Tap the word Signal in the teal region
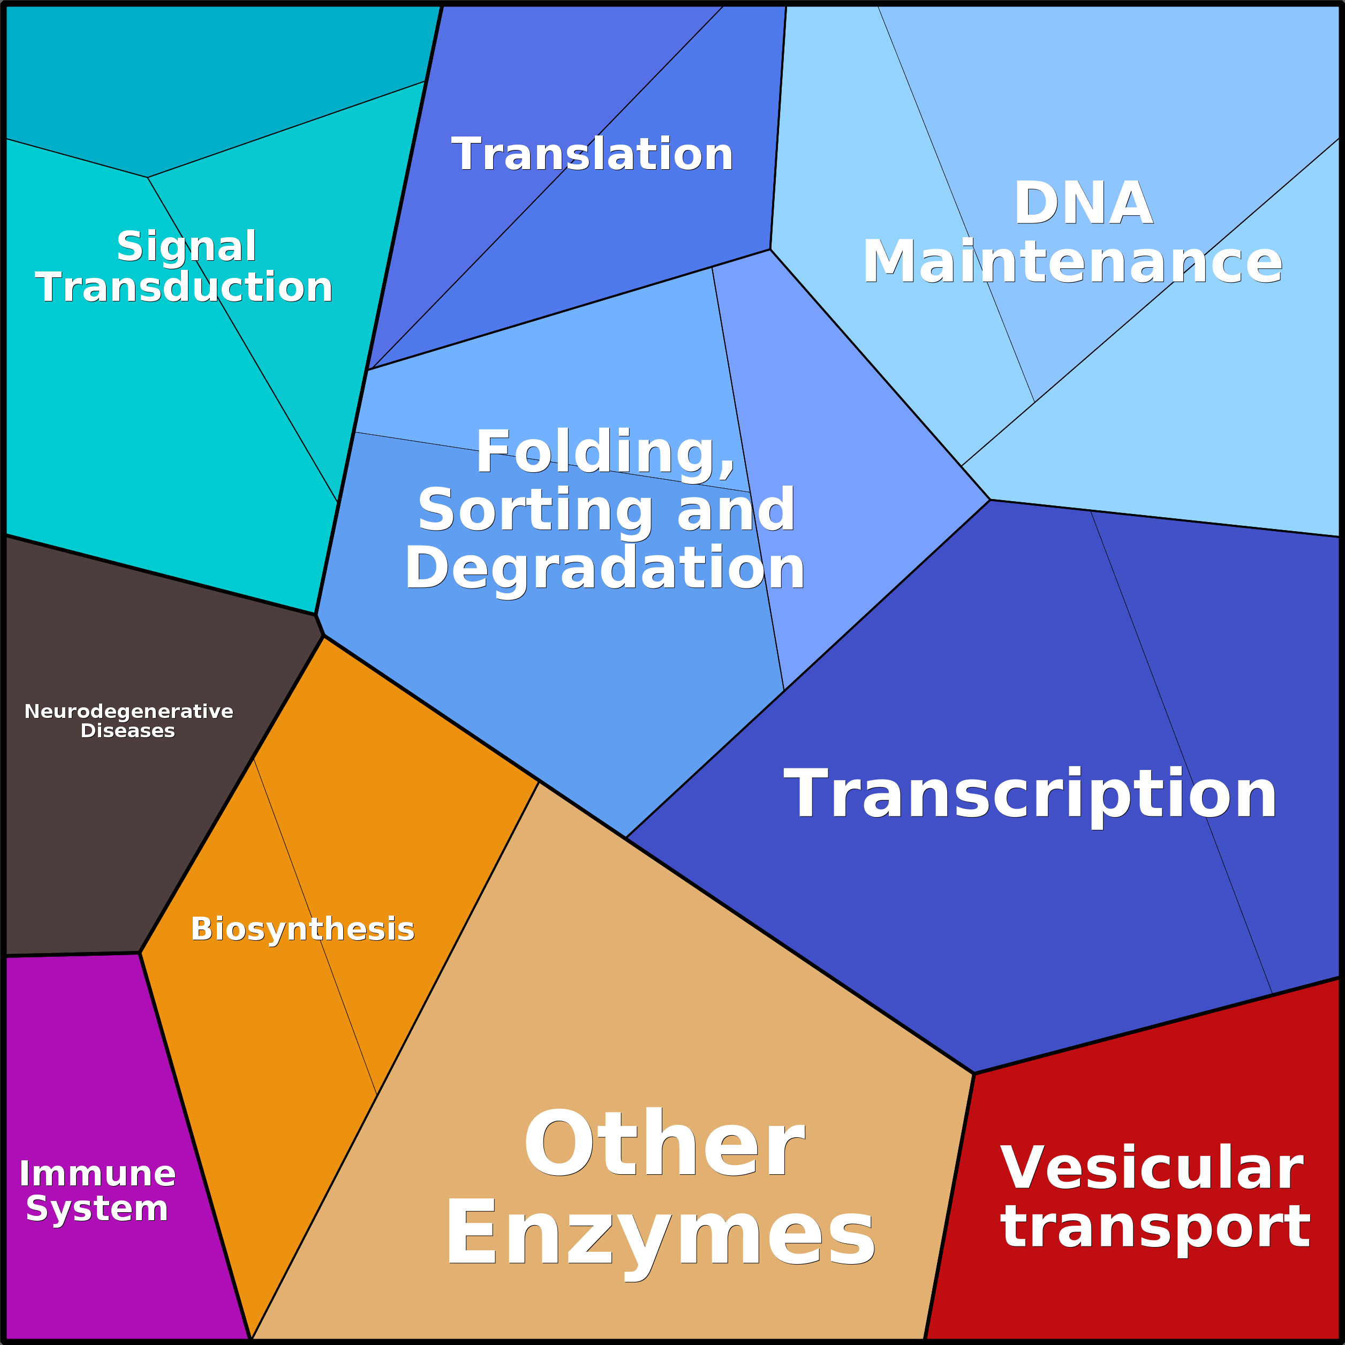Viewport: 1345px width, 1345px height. [x=186, y=247]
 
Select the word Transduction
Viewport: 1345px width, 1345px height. [x=184, y=287]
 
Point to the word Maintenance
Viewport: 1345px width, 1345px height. [x=1072, y=261]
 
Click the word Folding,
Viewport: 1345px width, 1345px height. [x=605, y=453]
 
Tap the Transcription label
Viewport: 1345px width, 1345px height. [x=1030, y=795]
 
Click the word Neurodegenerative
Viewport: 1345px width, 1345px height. [x=129, y=712]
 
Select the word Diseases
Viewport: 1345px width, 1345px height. [x=128, y=731]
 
